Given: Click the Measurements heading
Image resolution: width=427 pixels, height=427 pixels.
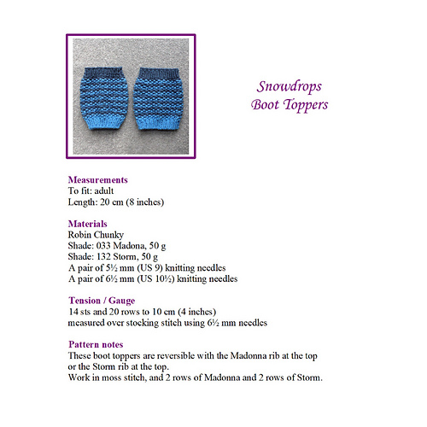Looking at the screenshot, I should pos(97,180).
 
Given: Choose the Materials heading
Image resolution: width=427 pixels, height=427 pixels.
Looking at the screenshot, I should pos(89,223).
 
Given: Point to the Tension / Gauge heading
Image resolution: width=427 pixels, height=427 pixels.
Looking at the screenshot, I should pos(106,300).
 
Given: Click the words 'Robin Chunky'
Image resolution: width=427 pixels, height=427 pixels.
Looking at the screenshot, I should pos(93,234).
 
